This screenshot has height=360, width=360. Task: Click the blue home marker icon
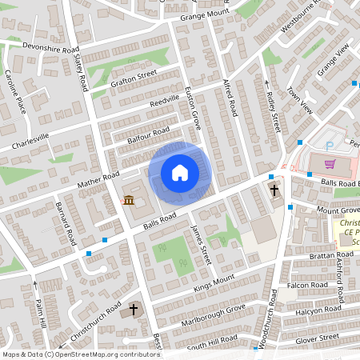(180, 173)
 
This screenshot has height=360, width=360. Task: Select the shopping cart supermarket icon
(330, 165)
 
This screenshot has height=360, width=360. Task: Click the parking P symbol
(330, 146)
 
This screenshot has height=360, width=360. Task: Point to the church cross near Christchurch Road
(134, 309)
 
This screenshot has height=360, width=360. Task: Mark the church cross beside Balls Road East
(274, 190)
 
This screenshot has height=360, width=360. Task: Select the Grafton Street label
(134, 78)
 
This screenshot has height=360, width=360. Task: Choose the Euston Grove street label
(193, 109)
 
